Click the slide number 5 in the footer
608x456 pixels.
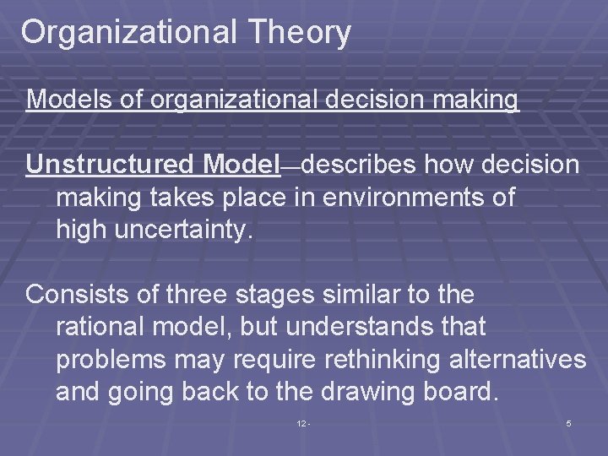coord(568,423)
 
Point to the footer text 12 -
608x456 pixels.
coord(303,423)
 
